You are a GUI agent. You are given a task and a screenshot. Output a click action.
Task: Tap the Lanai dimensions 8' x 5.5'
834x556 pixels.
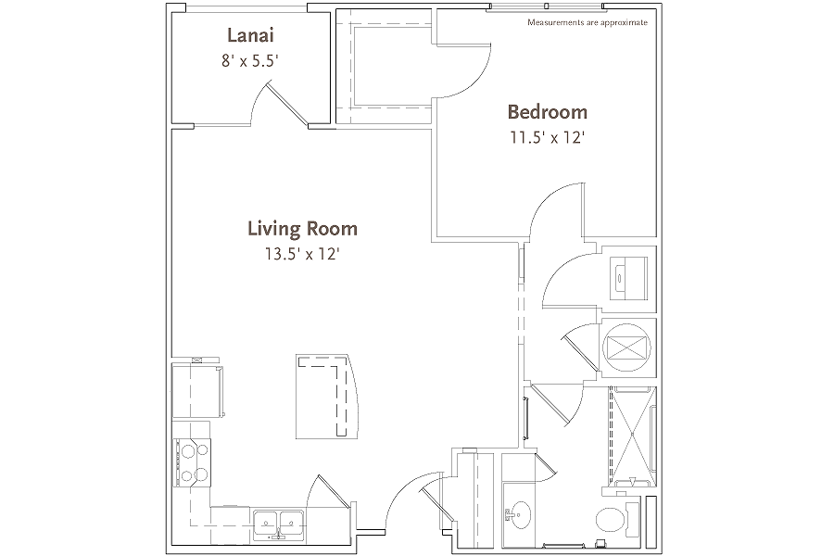tap(250, 61)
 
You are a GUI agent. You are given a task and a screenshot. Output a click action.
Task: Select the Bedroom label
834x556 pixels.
tap(548, 112)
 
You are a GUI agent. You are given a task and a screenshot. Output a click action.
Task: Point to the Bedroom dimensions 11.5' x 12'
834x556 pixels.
tap(548, 138)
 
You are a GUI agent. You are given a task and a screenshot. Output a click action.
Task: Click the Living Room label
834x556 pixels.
tap(302, 229)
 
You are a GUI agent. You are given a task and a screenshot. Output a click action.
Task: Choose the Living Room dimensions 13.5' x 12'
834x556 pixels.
tap(302, 254)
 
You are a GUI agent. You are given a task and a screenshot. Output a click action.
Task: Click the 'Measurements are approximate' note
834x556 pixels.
tap(588, 22)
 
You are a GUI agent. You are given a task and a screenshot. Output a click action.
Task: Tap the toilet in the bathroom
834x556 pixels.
tap(617, 519)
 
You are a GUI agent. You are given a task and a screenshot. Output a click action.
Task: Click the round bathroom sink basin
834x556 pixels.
tap(517, 515)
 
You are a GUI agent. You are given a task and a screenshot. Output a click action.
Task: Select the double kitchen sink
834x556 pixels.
tap(278, 523)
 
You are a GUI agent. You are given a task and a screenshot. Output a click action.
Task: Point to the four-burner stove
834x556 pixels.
tap(192, 462)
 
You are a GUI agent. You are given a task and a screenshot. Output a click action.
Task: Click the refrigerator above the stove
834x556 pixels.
tap(196, 391)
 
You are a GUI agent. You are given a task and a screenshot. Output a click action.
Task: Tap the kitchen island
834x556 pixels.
tap(325, 397)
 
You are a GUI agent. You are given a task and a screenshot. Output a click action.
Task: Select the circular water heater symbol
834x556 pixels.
tap(627, 348)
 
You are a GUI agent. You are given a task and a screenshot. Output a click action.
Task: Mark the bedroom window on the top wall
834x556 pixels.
tap(547, 6)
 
